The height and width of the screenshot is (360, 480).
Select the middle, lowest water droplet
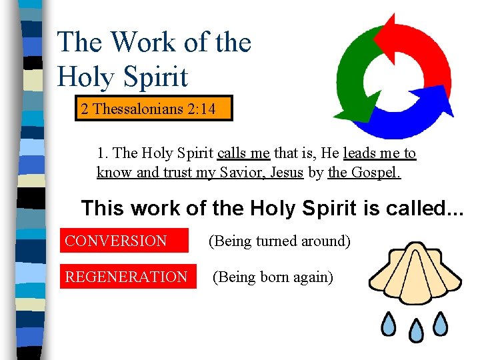[x=415, y=331]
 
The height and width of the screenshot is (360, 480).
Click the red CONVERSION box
[x=116, y=241]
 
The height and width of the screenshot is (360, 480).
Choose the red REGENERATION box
[x=126, y=277]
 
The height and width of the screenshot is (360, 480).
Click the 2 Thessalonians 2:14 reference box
[x=148, y=109]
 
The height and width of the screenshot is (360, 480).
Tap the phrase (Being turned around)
[x=279, y=241]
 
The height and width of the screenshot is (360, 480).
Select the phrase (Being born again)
[x=272, y=277]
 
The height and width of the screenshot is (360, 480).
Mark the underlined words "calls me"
[x=243, y=153]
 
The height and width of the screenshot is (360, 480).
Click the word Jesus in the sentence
[x=285, y=173]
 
